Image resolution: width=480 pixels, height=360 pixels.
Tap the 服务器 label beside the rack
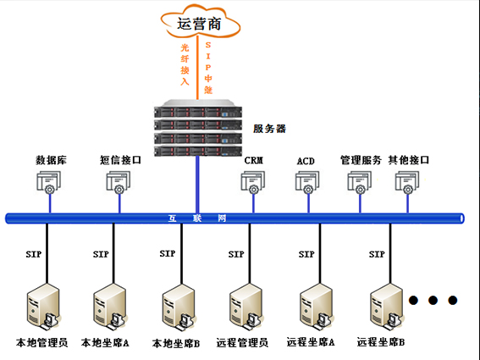tap(269, 129)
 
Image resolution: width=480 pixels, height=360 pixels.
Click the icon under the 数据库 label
tap(47, 182)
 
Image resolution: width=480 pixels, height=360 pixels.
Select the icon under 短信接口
tap(118, 182)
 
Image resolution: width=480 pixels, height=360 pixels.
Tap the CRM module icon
tap(253, 182)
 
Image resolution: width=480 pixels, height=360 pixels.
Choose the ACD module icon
tap(306, 182)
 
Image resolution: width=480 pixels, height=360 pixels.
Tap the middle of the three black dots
tap(433, 300)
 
